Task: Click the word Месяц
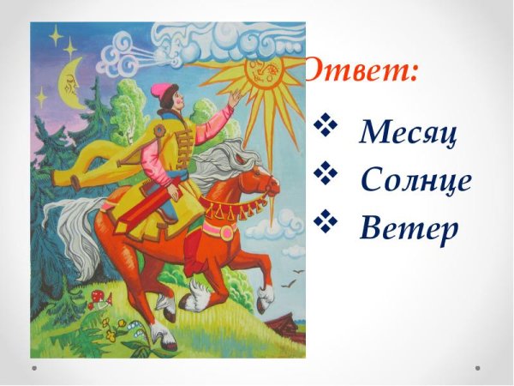[408, 132]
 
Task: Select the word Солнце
[416, 181]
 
